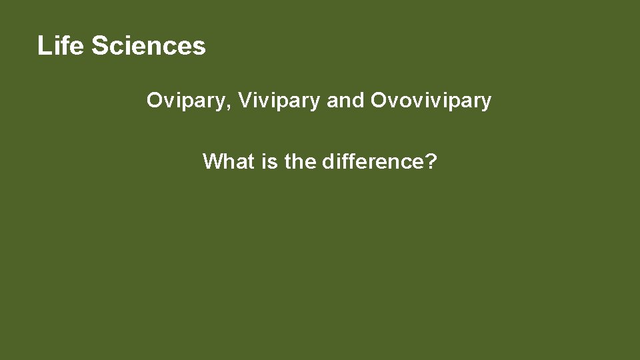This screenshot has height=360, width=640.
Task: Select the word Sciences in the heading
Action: [148, 46]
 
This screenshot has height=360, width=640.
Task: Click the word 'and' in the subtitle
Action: [345, 101]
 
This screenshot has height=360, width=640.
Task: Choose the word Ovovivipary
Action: [431, 101]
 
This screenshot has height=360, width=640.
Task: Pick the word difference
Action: [371, 161]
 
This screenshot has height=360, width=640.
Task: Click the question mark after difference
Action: [430, 161]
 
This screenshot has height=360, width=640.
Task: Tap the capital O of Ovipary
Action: [154, 101]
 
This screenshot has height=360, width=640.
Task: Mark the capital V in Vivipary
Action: [244, 101]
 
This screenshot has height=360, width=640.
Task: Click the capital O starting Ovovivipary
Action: [378, 101]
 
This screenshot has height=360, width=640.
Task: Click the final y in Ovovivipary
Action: [487, 103]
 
